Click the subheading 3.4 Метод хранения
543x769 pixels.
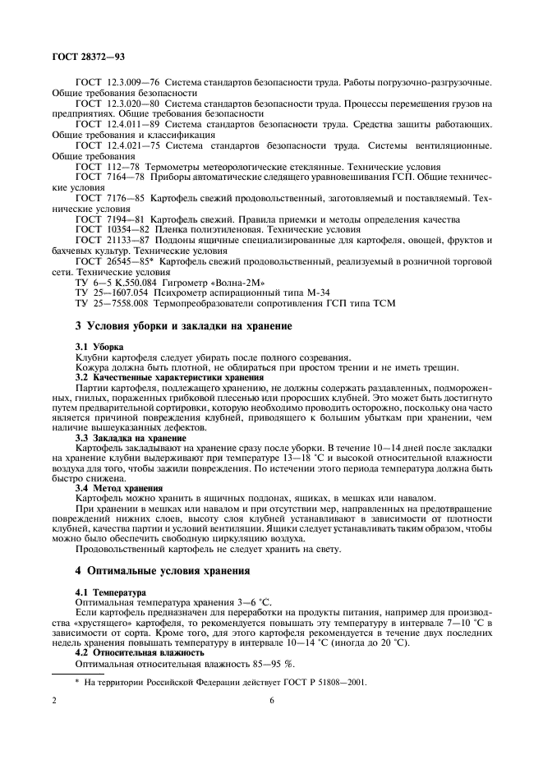coord(118,488)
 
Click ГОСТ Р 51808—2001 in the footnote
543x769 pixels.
coord(321,681)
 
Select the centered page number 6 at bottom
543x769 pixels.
coord(271,700)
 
